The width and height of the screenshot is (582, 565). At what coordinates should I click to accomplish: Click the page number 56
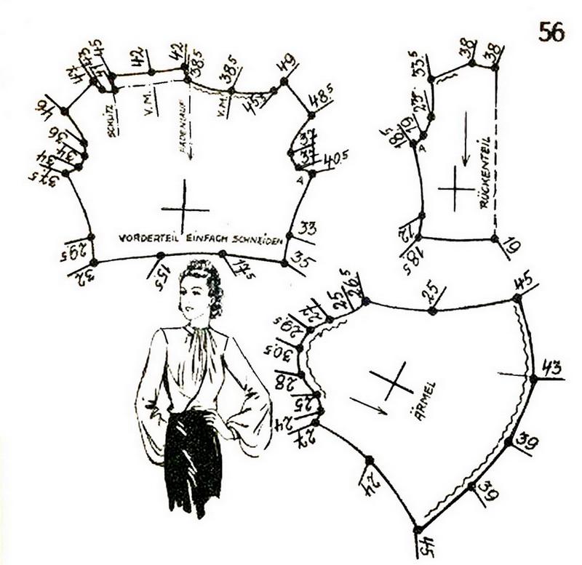point(551,31)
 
